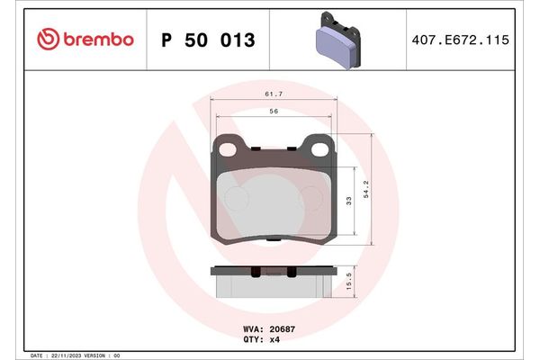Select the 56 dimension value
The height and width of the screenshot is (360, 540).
(273, 111)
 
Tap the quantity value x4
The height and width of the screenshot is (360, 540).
(275, 340)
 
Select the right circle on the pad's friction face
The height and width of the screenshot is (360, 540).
(311, 198)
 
